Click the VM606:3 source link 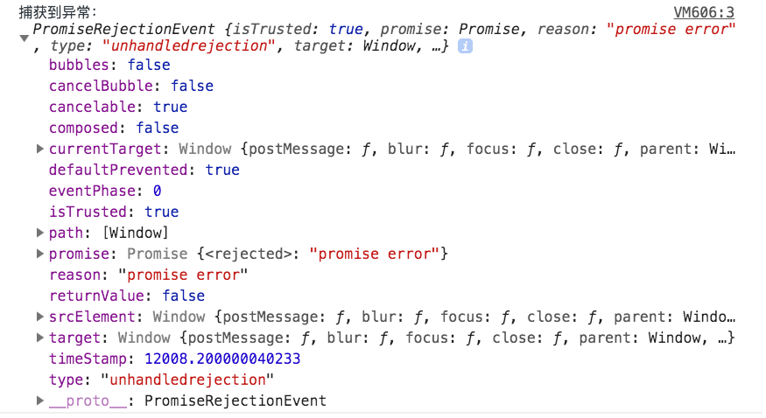click(704, 12)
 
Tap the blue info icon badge click(465, 46)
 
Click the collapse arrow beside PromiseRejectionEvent click(24, 38)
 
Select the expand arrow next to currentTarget click(40, 149)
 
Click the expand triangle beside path click(40, 233)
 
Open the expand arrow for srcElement click(40, 317)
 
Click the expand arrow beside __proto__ click(40, 401)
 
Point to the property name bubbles click(79, 65)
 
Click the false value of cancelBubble click(192, 86)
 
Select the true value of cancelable click(171, 107)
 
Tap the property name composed click(83, 128)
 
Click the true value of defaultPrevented click(222, 170)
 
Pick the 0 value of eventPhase click(157, 191)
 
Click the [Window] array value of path click(136, 233)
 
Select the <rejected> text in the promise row click(248, 254)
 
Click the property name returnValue click(96, 296)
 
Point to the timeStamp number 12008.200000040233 click(222, 359)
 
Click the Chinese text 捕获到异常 click(54, 12)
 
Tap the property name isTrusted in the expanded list click(88, 212)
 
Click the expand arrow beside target click(40, 338)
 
